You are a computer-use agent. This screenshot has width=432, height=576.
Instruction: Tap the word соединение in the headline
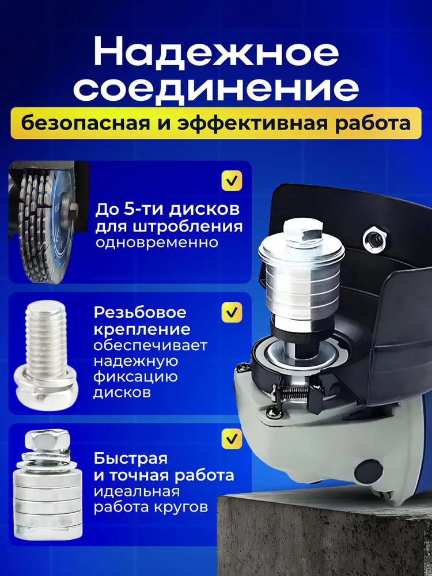(x=216, y=90)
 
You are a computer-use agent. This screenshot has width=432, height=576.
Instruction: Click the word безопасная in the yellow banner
(x=85, y=124)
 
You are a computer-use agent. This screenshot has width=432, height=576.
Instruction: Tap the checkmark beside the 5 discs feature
(x=232, y=180)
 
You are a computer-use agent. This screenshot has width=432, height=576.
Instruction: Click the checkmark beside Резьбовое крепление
(x=232, y=312)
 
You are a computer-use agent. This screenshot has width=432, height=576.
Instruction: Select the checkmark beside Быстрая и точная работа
(x=232, y=439)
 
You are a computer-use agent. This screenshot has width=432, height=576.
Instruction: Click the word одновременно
(x=157, y=243)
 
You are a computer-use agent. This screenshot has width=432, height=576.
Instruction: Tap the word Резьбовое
(x=140, y=313)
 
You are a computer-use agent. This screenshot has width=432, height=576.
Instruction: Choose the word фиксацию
(x=135, y=377)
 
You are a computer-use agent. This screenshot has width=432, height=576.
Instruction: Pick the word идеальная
(x=137, y=491)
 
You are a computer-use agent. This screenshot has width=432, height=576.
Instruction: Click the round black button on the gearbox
(x=369, y=471)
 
